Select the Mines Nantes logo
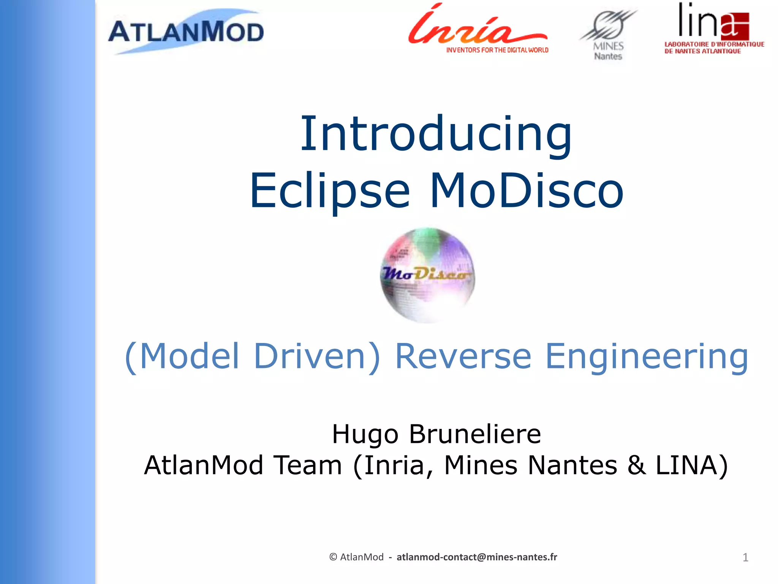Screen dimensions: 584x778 [x=608, y=34]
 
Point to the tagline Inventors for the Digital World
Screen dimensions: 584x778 [x=497, y=50]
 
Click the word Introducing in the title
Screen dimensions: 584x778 [x=436, y=134]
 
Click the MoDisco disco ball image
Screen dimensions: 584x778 [x=428, y=275]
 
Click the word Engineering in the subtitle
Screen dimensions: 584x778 [x=647, y=356]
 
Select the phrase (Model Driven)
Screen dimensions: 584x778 [x=252, y=356]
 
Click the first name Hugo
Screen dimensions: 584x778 [x=365, y=434]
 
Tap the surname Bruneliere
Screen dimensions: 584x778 [x=474, y=434]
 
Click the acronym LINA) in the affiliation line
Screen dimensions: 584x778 [x=691, y=465]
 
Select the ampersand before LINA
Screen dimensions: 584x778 [x=637, y=465]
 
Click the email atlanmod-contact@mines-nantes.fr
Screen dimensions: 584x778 [x=477, y=557]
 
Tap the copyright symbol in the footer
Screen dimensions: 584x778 [x=333, y=557]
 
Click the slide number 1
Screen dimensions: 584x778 [x=745, y=557]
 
